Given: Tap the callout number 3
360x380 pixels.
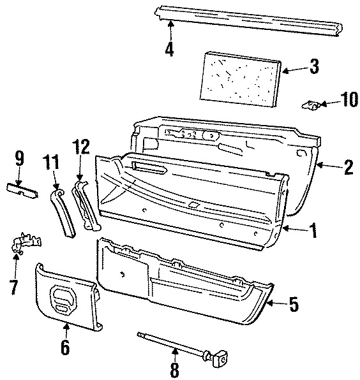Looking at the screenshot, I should (x=313, y=66).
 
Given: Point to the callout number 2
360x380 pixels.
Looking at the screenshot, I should (x=348, y=168).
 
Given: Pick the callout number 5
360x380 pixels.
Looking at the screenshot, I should (x=294, y=304).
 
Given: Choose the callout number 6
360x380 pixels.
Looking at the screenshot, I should (x=65, y=347).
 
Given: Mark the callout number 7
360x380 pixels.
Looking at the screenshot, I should (x=14, y=288).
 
